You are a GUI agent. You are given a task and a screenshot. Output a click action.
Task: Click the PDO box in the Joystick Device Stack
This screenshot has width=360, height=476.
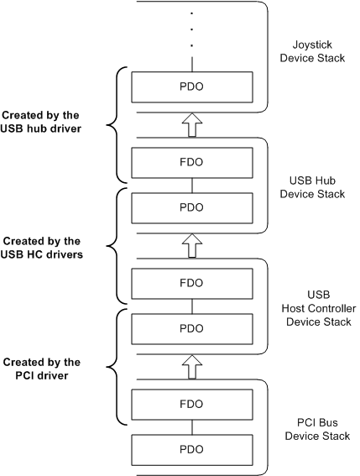coord(192,86)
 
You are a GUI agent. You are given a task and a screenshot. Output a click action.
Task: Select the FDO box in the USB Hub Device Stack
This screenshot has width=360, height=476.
coord(192,161)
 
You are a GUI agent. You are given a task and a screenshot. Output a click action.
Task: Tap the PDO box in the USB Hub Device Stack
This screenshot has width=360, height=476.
coord(192,206)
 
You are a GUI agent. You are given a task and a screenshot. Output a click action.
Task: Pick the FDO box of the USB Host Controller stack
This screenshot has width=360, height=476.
coord(192,283)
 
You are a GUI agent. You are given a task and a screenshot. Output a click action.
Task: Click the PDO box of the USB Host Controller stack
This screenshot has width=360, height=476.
coord(192,327)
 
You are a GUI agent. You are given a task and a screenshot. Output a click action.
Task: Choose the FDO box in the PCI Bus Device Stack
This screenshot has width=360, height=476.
coord(192,404)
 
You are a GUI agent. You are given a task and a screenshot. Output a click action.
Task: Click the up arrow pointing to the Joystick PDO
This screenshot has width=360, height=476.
coord(192,123)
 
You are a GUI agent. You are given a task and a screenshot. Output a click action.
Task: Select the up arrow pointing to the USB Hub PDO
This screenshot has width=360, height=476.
coord(192,244)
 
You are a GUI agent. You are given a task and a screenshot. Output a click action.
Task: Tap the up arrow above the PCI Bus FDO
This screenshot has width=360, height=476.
coord(192,365)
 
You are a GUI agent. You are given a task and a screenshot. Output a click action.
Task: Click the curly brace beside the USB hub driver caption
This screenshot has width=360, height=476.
coord(115,124)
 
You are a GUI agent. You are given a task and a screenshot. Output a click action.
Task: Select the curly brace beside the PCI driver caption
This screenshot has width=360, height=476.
coord(115,367)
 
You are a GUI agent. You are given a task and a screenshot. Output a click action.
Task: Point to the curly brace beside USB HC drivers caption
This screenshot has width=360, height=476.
coord(115,245)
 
